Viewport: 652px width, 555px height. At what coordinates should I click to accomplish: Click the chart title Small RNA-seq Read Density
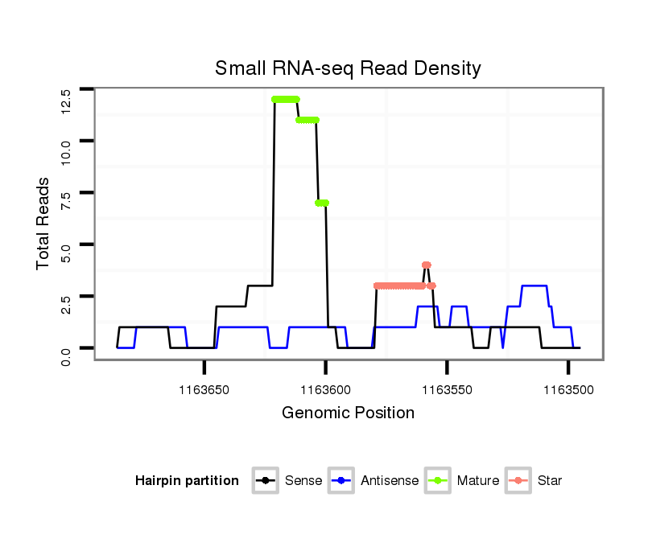click(348, 68)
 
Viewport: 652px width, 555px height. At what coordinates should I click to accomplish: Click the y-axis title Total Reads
click(43, 224)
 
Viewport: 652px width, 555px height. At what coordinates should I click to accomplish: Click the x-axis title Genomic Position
click(348, 413)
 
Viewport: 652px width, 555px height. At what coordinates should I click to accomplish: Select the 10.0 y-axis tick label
click(66, 151)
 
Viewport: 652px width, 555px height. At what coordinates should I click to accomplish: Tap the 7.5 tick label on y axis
click(66, 203)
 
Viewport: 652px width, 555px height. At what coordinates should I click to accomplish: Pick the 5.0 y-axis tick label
click(66, 254)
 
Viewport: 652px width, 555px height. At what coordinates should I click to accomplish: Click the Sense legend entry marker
click(264, 481)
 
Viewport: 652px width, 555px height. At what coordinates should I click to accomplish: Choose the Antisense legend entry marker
click(341, 481)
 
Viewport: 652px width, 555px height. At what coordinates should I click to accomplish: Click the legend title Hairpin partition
click(187, 481)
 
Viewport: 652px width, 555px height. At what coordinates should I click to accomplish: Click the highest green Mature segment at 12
click(286, 99)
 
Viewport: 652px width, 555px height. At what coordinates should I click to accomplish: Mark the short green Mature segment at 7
click(322, 203)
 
